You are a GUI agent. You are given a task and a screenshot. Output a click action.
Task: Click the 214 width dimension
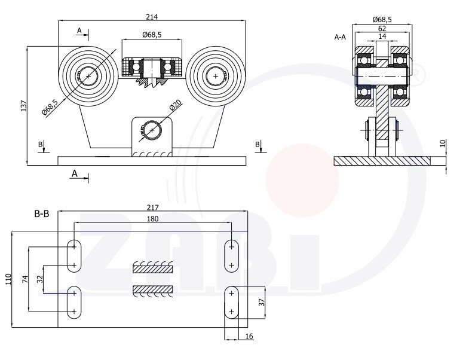coord(152,17)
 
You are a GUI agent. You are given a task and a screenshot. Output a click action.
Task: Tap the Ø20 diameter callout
coord(175,105)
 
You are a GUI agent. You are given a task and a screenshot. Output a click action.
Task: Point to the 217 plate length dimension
coord(152,208)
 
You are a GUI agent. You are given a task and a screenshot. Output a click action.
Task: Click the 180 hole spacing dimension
coord(152,219)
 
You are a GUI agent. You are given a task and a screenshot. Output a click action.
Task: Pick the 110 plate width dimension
coord(8,279)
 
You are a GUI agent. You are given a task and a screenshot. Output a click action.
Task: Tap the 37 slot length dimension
coord(261,302)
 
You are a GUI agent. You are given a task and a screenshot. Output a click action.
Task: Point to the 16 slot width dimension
coord(249,337)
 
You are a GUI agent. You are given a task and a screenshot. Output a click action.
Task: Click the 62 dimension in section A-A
coord(382,28)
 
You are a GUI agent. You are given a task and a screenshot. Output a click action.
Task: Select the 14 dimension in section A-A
coord(382,36)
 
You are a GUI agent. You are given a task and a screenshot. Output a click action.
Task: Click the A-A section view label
coord(340,36)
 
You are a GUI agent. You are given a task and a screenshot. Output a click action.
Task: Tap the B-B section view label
coord(41,212)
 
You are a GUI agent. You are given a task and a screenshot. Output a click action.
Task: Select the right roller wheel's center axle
coord(215,76)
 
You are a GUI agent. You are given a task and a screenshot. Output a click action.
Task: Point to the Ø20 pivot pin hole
coord(152,130)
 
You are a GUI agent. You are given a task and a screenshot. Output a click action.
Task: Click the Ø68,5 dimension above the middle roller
coord(152,35)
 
